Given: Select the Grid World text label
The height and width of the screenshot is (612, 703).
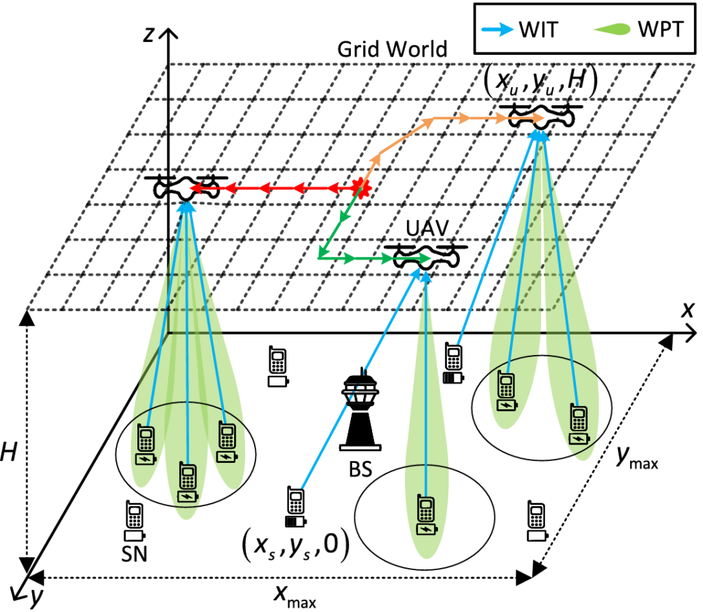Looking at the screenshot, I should coord(392,49).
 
